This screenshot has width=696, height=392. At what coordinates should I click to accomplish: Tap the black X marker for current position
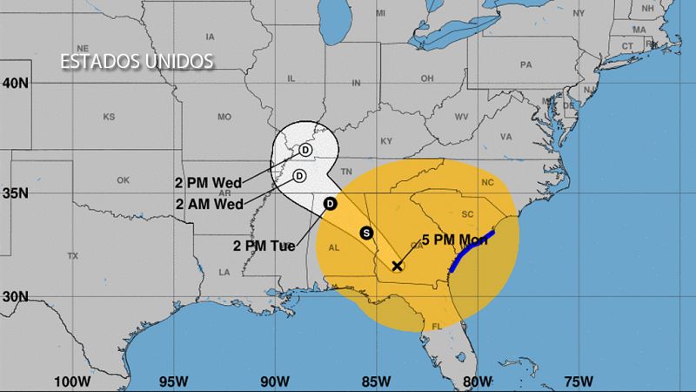point(398,266)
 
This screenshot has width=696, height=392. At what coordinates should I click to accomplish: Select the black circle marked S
point(366,233)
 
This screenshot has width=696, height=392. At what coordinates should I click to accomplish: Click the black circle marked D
point(330,204)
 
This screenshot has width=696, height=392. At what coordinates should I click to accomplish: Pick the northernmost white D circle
point(306,150)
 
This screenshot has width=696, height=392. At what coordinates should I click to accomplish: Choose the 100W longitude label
point(72,381)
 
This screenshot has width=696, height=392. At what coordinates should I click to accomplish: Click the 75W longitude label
point(579,381)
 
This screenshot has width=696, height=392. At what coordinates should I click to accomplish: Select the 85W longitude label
point(376,381)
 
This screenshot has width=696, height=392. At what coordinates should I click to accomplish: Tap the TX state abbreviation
point(72,255)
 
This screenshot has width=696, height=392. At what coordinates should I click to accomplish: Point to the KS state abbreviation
point(109,117)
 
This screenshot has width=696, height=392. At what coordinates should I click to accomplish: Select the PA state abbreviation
point(525,64)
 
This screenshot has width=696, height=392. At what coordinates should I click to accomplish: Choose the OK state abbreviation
point(123,180)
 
